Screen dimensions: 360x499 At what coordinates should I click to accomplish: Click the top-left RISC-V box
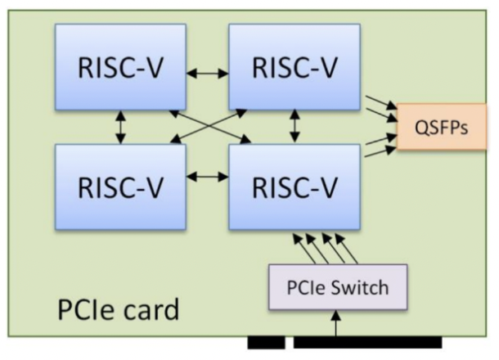click(x=120, y=66)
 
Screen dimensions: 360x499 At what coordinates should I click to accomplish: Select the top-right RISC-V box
click(x=294, y=66)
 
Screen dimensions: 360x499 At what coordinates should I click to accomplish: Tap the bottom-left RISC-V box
click(x=120, y=187)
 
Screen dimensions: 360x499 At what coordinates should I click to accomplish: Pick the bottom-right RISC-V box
click(x=294, y=187)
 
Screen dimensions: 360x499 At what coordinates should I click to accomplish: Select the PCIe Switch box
click(x=338, y=287)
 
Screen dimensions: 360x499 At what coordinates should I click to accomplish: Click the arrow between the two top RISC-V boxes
click(x=208, y=74)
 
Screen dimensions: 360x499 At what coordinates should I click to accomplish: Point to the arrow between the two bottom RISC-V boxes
click(x=208, y=176)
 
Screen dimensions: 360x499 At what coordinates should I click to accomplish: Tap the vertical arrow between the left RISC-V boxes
click(x=121, y=127)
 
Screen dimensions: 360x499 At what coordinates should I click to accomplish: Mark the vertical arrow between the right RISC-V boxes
click(x=295, y=127)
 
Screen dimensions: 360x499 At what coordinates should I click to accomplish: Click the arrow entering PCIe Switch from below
click(x=338, y=322)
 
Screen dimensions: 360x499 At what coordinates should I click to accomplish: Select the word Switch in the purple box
click(x=360, y=287)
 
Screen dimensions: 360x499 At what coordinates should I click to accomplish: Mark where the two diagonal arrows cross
click(x=208, y=126)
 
